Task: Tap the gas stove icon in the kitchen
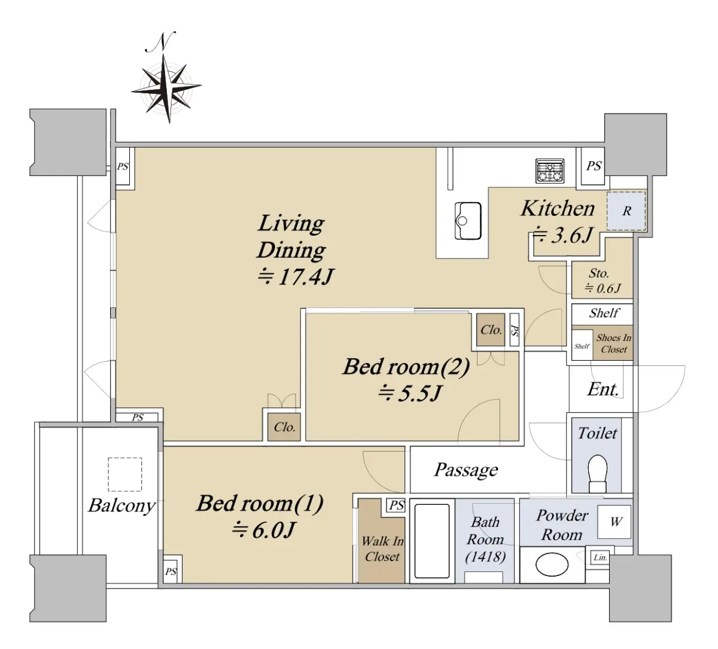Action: pos(550,170)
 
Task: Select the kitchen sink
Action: pos(467,221)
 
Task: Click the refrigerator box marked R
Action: pos(626,211)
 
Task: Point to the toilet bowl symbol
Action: pos(597,473)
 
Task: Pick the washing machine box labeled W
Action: pos(614,522)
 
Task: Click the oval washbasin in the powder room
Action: pos(552,565)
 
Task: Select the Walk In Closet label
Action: pos(382,549)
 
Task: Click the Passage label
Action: pos(466,470)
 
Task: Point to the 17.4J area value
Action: pos(296,276)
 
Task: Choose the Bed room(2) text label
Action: pos(406,367)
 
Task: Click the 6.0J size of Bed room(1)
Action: pos(263,530)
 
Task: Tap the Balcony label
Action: pos(121,506)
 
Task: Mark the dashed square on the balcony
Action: pos(125,474)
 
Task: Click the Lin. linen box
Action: pos(600,557)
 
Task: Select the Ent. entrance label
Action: pos(603,389)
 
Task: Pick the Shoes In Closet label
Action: pos(613,343)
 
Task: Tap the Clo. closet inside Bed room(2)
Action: pos(491,330)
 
